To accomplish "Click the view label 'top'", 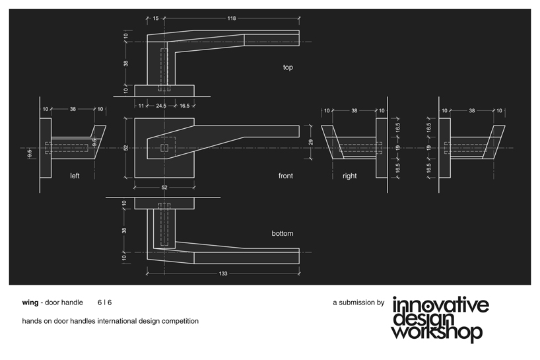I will pos(288,67).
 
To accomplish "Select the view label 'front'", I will pos(286,176).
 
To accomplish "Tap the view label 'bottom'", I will pos(282,233).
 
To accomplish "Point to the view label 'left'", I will pos(75,176).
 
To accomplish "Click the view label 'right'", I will pos(350,176).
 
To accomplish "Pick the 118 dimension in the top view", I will pos(232,18).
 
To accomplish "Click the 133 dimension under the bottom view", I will pos(223,273).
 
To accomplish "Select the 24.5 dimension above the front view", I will pos(161,106).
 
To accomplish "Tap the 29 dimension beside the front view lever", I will pos(311,142).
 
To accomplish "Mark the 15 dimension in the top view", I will pos(155,18).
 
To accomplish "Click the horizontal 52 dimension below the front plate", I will pos(164,188).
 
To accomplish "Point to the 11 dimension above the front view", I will pos(141,106).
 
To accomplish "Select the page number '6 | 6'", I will pos(104,303).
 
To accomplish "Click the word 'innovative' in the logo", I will pos(441,305).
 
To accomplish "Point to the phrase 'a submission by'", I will pos(358,303).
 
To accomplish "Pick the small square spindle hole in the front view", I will pos(164,147).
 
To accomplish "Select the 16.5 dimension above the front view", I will pos(184,106).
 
